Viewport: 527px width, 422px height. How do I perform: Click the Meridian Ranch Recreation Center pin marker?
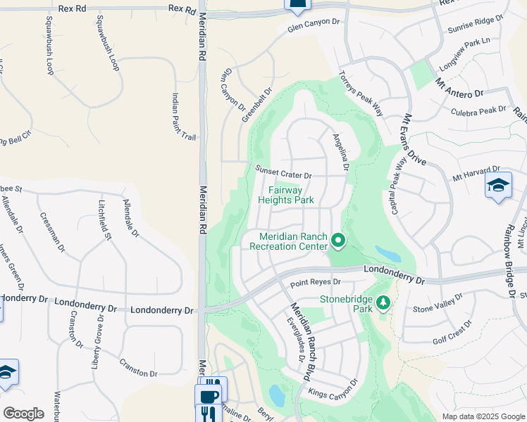338,241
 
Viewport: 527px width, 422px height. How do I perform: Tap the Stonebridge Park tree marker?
383,302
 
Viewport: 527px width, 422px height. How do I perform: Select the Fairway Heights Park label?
290,195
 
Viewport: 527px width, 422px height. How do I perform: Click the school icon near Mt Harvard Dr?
497,186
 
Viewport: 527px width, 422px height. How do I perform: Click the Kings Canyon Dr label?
330,390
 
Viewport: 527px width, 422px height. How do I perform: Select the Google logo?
23,414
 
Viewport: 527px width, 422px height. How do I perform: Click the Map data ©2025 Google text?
483,416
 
